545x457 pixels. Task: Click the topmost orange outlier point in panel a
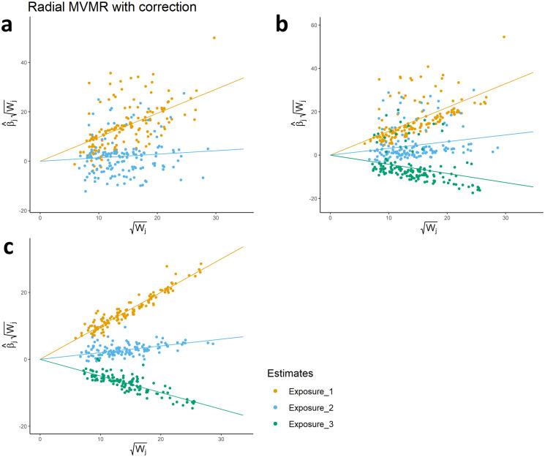coord(214,37)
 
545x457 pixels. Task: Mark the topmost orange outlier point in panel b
coord(504,37)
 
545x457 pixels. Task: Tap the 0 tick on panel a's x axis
coord(40,218)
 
